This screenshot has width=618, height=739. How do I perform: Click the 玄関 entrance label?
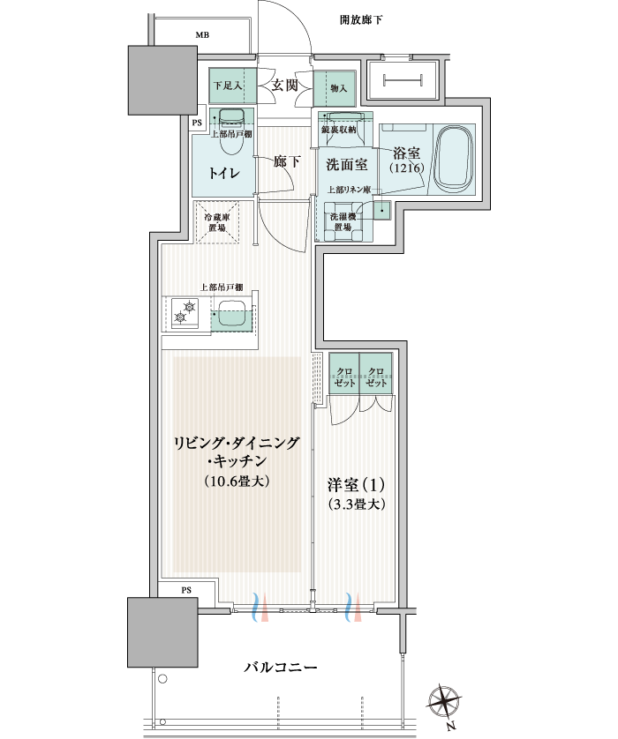click(x=284, y=86)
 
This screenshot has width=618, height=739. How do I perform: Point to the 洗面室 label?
click(x=347, y=165)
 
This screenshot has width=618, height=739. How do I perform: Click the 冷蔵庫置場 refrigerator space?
click(x=217, y=222)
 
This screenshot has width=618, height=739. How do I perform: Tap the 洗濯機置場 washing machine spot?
click(x=343, y=221)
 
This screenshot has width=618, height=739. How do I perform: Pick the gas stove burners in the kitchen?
click(x=185, y=313)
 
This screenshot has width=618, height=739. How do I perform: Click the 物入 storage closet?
click(x=335, y=88)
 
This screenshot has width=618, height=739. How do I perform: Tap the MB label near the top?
click(x=202, y=35)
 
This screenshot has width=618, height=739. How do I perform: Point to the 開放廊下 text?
click(x=361, y=19)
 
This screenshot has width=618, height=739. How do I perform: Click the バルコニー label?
click(x=280, y=667)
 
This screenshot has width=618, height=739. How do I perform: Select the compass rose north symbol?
click(x=444, y=701)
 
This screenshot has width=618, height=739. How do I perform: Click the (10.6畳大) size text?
click(x=237, y=481)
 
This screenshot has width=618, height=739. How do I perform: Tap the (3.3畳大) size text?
click(x=356, y=504)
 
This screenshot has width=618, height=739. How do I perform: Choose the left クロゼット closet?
click(x=344, y=373)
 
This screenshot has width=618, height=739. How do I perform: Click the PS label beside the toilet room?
click(x=197, y=123)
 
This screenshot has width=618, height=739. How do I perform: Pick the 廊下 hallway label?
click(x=287, y=161)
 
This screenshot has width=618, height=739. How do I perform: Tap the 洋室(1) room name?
click(x=356, y=484)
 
